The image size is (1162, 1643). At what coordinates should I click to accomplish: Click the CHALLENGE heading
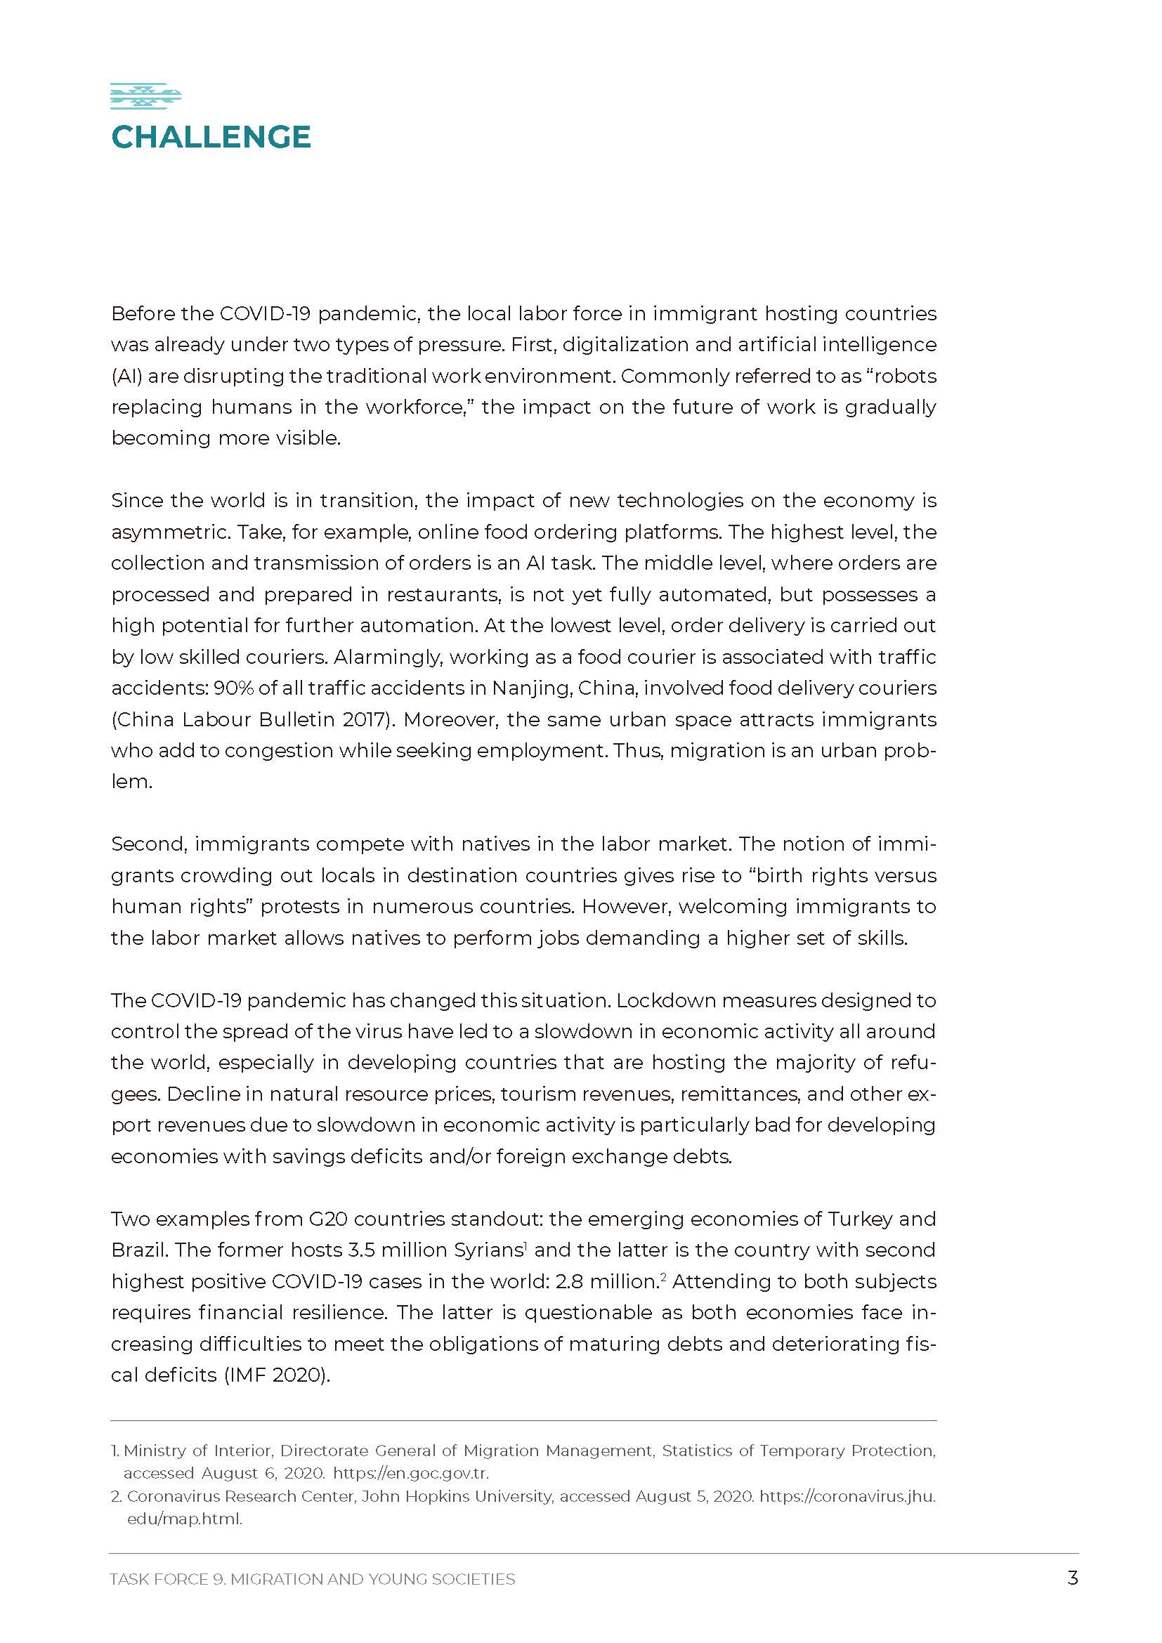tap(211, 137)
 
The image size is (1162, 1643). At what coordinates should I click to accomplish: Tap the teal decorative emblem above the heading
tap(145, 97)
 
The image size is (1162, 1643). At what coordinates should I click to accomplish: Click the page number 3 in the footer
tap(1072, 1578)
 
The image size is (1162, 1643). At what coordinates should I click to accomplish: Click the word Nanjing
tap(531, 688)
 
